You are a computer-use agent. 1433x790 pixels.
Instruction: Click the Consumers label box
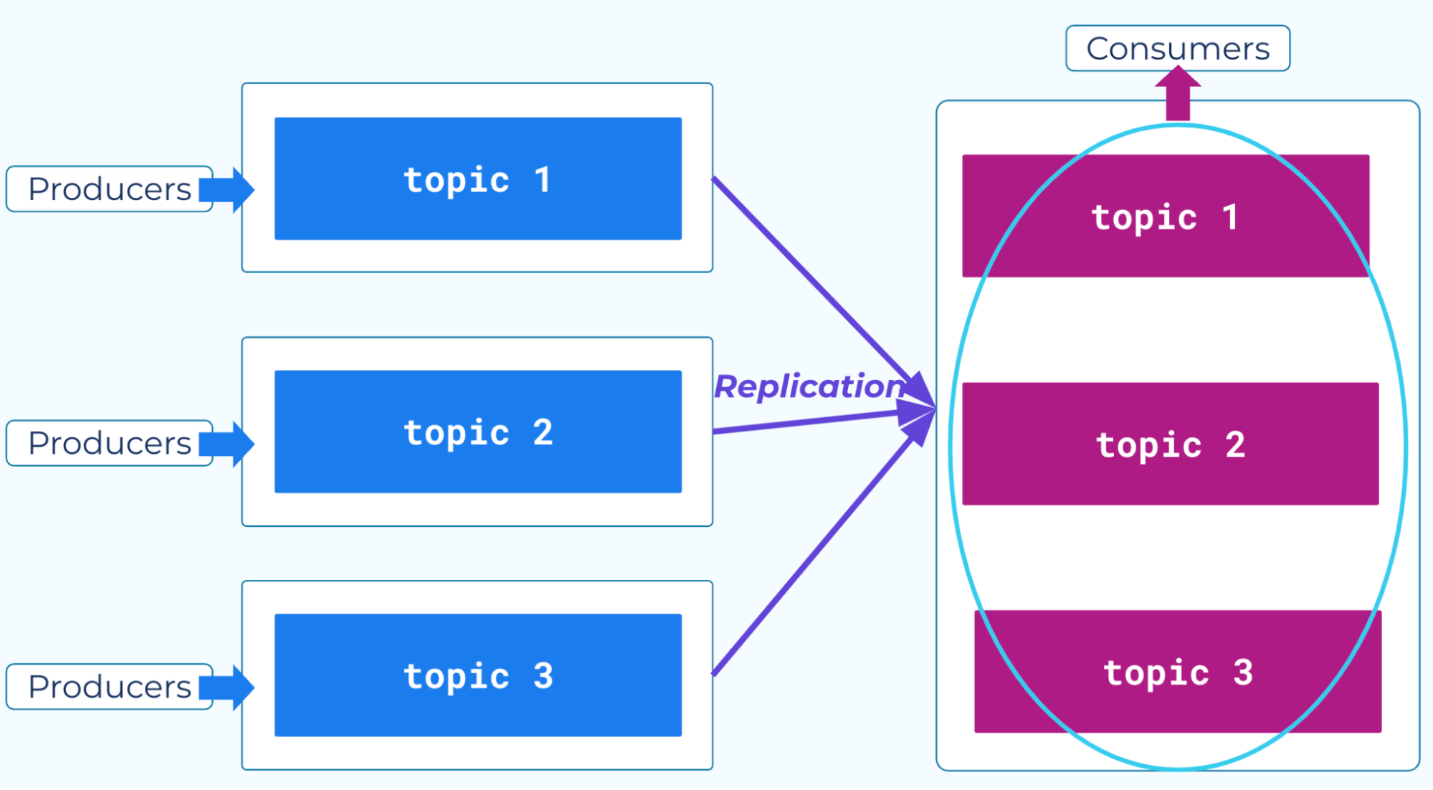tap(1177, 48)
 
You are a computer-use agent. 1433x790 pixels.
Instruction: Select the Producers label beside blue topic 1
tap(110, 189)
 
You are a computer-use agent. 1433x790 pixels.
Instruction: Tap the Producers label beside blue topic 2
tap(110, 443)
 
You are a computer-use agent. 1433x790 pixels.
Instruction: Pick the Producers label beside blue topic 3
tap(110, 687)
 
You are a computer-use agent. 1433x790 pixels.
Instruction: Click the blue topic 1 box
tap(478, 179)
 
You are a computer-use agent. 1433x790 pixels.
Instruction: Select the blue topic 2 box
tap(478, 432)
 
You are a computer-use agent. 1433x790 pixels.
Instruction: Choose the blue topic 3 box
tap(478, 675)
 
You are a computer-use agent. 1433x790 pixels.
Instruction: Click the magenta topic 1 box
tap(1166, 216)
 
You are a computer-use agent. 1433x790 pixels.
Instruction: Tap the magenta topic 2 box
tap(1171, 444)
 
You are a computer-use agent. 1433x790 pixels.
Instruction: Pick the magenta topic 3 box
tap(1178, 672)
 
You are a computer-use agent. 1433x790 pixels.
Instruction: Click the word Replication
tap(809, 387)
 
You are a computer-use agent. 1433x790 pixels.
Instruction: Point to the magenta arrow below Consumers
tap(1178, 93)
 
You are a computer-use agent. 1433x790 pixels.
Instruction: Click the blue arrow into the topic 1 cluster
tap(227, 190)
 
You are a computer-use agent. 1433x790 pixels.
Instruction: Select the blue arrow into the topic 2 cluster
tap(227, 444)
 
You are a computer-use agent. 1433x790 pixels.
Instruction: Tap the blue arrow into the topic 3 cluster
tap(227, 687)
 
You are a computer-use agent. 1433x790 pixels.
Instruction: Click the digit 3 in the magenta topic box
tap(1243, 672)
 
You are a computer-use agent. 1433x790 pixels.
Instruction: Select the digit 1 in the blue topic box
tap(543, 179)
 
